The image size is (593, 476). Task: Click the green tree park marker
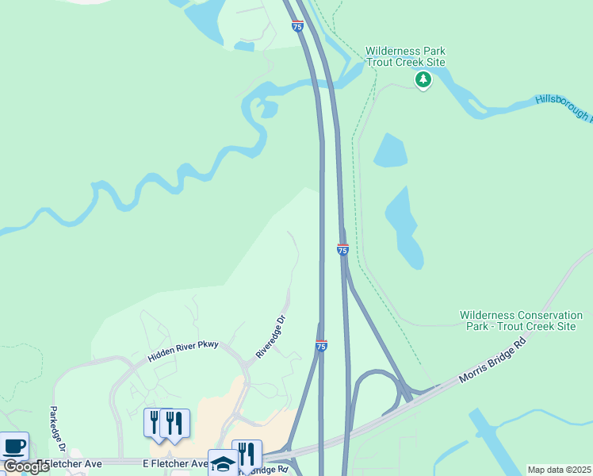423,79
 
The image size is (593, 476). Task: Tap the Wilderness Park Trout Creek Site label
405,56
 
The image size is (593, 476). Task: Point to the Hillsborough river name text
563,106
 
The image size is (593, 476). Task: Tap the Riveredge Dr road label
270,337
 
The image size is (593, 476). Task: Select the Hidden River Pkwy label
183,349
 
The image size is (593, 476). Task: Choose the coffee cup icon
14,446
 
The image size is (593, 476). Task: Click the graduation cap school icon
222,463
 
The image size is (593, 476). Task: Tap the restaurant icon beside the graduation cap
247,455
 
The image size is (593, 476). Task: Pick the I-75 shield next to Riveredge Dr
321,346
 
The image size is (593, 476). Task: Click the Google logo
26,466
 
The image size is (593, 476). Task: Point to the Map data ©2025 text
559,470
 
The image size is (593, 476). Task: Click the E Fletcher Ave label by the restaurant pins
175,463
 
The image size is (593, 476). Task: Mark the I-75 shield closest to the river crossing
297,26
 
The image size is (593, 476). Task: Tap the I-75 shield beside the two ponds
342,249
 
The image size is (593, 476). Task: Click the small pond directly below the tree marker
390,151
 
